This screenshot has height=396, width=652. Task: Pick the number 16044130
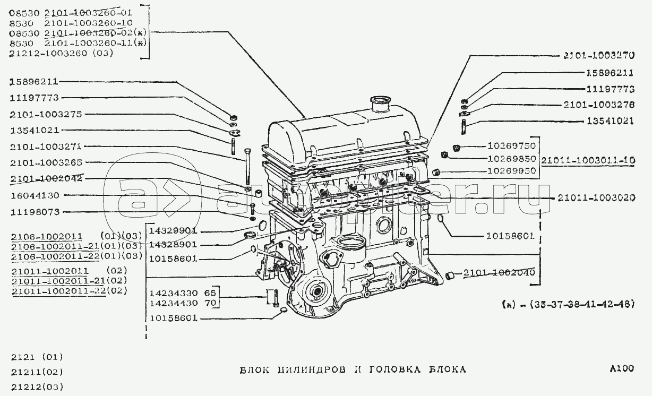[x=35, y=195]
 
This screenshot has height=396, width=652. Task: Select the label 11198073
[x=35, y=212]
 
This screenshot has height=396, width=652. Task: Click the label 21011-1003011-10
[x=588, y=159]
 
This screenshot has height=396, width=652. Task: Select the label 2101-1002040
[x=499, y=274]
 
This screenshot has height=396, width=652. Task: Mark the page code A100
[x=622, y=369]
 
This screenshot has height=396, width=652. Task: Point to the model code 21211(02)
[x=37, y=372]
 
